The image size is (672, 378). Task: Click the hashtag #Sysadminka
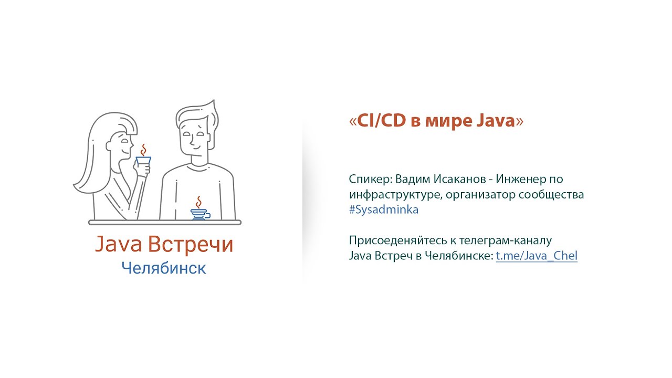[384, 209]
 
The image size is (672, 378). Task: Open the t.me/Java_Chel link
[537, 256]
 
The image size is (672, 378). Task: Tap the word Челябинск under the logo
[164, 268]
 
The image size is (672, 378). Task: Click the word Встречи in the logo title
[191, 244]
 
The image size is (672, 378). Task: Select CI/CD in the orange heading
[382, 121]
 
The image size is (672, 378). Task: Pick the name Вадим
[413, 180]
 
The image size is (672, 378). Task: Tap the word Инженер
[520, 179]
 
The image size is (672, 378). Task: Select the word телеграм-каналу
[506, 241]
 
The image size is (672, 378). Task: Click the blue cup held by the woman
[143, 161]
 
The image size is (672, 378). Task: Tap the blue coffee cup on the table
[200, 215]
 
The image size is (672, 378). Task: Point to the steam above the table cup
[198, 203]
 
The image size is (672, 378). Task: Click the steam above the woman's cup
[144, 150]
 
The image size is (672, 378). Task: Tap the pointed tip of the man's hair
[214, 100]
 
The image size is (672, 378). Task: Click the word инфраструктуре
[396, 195]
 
